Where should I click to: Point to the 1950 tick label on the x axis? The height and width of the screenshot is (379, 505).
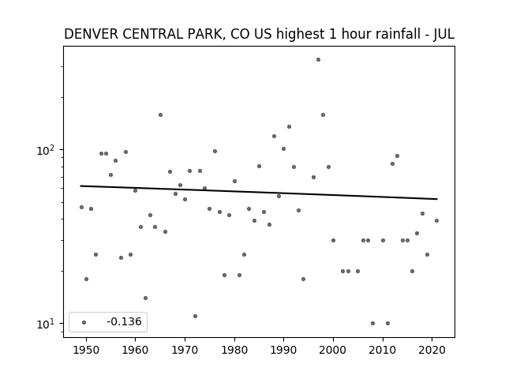(86, 350)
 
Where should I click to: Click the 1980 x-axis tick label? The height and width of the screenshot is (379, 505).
(234, 350)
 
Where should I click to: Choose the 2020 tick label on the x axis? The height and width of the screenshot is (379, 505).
(432, 350)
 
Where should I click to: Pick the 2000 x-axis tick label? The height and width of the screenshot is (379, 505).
(333, 350)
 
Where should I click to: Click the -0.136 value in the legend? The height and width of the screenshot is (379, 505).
(124, 321)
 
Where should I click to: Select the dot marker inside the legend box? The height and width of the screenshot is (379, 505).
(84, 322)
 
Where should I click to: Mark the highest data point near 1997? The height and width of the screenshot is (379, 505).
(318, 60)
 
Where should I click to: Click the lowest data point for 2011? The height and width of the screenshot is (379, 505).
(387, 323)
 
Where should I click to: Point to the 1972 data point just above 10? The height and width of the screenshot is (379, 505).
(195, 316)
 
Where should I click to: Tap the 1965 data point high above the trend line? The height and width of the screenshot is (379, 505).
(160, 115)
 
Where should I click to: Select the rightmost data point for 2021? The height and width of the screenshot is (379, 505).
(436, 221)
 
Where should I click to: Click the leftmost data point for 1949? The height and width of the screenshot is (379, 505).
(81, 207)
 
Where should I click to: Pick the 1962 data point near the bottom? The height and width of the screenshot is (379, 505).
(145, 298)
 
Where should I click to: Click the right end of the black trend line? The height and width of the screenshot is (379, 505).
(437, 199)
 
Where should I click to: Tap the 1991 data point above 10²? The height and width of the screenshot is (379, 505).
(290, 126)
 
